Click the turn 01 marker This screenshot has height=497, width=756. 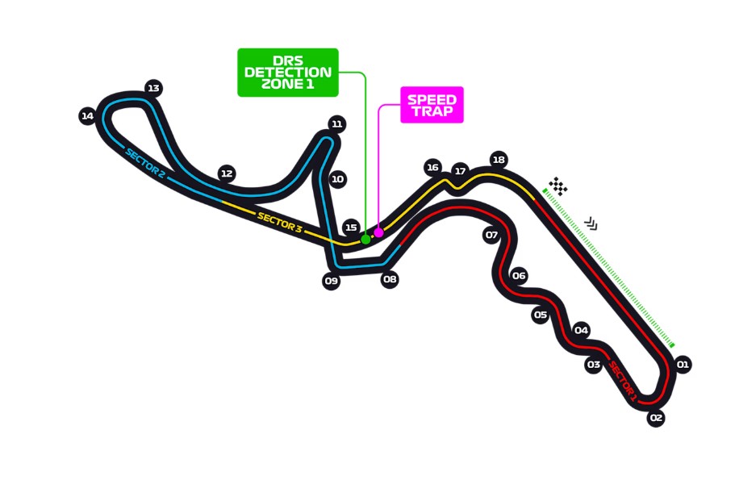(683, 365)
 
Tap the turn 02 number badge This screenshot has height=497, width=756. (656, 418)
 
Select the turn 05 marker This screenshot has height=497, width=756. (541, 315)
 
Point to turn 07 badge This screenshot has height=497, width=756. (491, 236)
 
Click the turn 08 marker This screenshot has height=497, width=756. (390, 280)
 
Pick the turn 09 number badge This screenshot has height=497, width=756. (331, 282)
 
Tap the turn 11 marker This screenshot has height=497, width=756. (337, 124)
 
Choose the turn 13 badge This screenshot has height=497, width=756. (154, 88)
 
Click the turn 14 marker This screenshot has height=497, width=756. (88, 116)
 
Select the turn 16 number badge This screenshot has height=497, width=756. (433, 168)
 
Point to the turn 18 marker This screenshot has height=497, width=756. (499, 160)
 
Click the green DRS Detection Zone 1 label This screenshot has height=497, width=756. (287, 73)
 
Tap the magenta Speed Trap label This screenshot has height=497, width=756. (432, 105)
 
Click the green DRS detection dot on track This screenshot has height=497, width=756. (365, 239)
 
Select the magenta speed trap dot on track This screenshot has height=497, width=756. (378, 232)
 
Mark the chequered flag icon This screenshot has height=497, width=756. (558, 186)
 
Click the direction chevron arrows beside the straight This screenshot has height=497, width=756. (591, 223)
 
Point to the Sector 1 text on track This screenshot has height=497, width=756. (623, 381)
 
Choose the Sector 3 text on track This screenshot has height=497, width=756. (279, 222)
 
